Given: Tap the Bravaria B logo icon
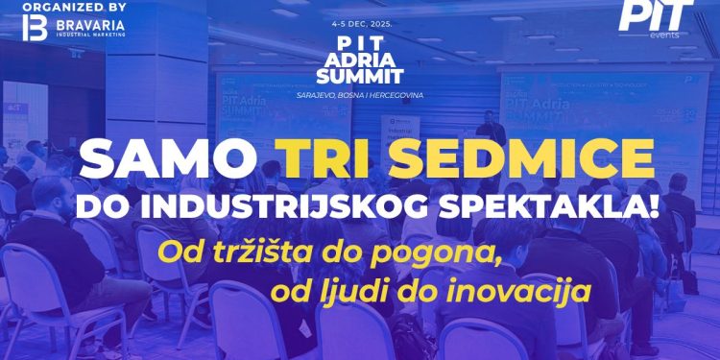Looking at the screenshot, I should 30,26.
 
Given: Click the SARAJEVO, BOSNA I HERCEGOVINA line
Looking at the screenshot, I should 359,96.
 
